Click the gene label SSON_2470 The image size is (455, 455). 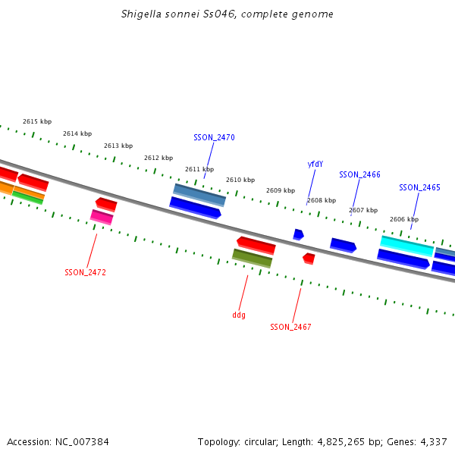click(214, 137)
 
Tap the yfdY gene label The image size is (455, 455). click(315, 164)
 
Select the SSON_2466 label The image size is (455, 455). click(359, 174)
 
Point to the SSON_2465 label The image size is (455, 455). click(419, 187)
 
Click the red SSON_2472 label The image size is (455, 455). click(85, 272)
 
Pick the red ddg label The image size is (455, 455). click(239, 315)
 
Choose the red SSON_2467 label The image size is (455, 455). click(290, 327)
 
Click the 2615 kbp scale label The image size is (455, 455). click(37, 121)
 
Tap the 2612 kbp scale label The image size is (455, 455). click(158, 158)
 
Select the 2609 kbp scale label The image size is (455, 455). click(281, 190)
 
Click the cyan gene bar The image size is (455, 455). click(407, 246)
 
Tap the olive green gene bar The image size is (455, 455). click(252, 259)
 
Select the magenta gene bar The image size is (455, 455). click(102, 217)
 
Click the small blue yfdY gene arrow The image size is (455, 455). click(298, 234)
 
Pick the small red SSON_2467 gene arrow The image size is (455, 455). click(309, 259)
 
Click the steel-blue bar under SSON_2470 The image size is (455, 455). click(199, 195)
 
